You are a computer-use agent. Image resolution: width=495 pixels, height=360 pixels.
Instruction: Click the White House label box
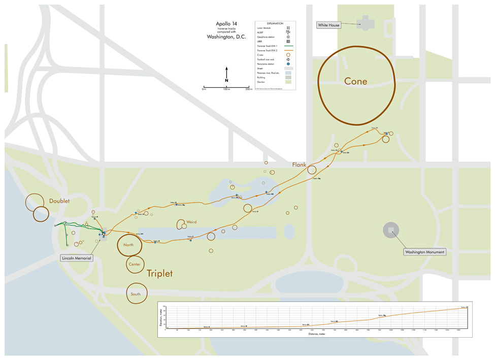[328, 25]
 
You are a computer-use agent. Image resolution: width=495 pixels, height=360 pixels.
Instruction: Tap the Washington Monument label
[424, 252]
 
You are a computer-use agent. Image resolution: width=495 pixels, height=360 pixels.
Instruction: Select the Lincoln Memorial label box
[77, 258]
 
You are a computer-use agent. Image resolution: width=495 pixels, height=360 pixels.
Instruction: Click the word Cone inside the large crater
[355, 81]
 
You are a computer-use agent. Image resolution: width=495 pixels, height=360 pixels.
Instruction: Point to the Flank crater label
[299, 165]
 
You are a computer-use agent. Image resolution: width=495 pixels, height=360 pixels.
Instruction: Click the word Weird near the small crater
[191, 221]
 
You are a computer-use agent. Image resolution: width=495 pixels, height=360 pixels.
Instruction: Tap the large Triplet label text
[160, 274]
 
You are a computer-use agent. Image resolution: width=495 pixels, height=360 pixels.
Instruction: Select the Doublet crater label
[60, 201]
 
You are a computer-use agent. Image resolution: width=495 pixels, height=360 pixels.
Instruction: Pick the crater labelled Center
[135, 265]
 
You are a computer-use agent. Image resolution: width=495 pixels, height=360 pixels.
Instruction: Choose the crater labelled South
[136, 294]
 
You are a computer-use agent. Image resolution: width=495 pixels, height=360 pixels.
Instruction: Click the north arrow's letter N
[226, 81]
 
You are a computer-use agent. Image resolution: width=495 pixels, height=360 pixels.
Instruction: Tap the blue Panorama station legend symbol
[288, 63]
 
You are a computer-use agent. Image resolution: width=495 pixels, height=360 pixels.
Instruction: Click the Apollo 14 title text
[226, 24]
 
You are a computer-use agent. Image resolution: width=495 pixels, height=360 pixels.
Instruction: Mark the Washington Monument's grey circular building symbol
[390, 231]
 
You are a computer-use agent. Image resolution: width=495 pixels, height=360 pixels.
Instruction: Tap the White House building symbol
[364, 23]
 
